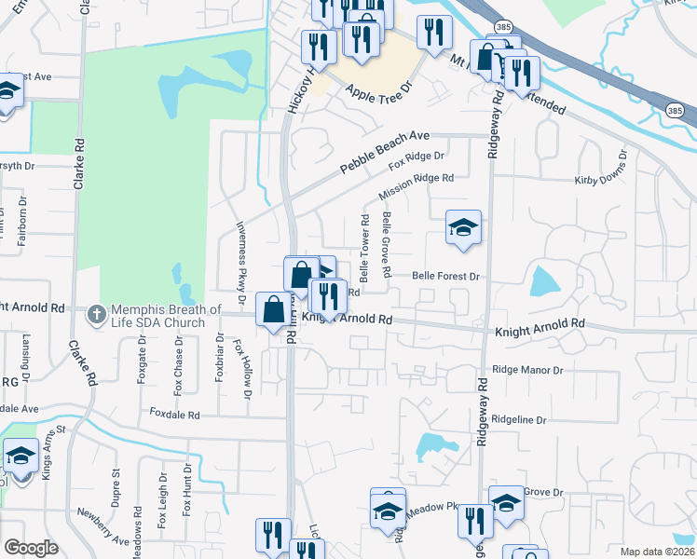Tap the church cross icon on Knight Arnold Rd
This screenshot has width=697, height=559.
point(96,315)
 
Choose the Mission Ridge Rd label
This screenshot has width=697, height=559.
point(416,186)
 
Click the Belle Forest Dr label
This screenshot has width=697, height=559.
point(445,276)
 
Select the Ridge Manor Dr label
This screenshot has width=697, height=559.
point(529,370)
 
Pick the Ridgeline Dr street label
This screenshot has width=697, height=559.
point(519,420)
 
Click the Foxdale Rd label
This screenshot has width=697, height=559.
point(174,413)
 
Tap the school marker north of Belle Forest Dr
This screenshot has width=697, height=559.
point(463,228)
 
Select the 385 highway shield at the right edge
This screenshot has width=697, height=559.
point(681,111)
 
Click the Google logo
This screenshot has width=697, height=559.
point(32,548)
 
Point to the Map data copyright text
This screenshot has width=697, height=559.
point(658,552)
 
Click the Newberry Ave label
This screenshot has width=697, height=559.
point(102,533)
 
